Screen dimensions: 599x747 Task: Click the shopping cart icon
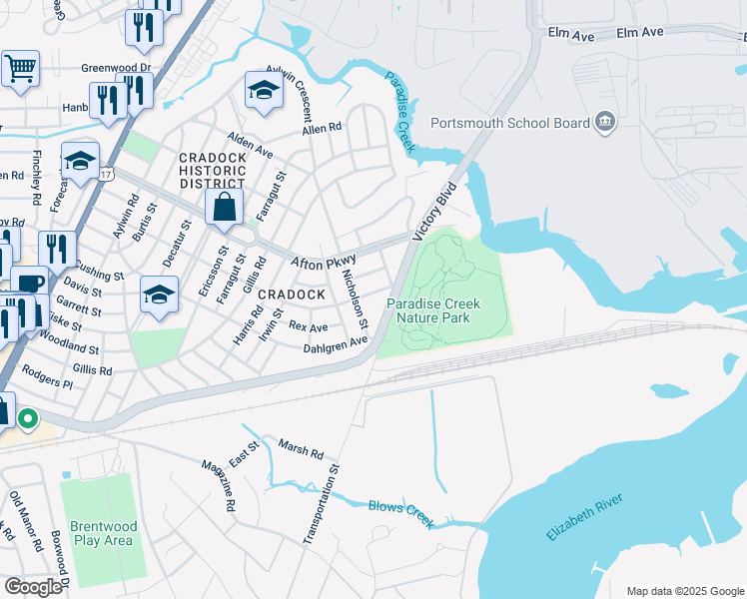[x=20, y=70]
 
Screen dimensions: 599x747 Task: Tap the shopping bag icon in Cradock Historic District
[x=225, y=209]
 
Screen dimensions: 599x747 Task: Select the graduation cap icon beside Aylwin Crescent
[x=264, y=91]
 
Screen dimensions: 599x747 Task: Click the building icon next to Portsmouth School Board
[x=604, y=123]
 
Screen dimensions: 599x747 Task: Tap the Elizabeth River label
[x=584, y=517]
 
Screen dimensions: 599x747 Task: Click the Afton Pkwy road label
[x=323, y=262]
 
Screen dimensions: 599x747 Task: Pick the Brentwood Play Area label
[x=101, y=533]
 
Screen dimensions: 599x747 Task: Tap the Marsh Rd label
[x=301, y=449]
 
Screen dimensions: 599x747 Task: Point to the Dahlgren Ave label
[x=336, y=344]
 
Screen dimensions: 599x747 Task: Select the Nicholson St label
[x=355, y=299]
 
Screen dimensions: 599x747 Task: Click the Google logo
[x=33, y=587]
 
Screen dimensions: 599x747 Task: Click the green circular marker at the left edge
[x=28, y=419]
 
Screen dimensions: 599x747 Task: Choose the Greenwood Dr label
[x=115, y=69]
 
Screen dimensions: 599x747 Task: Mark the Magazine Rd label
[x=218, y=486]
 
